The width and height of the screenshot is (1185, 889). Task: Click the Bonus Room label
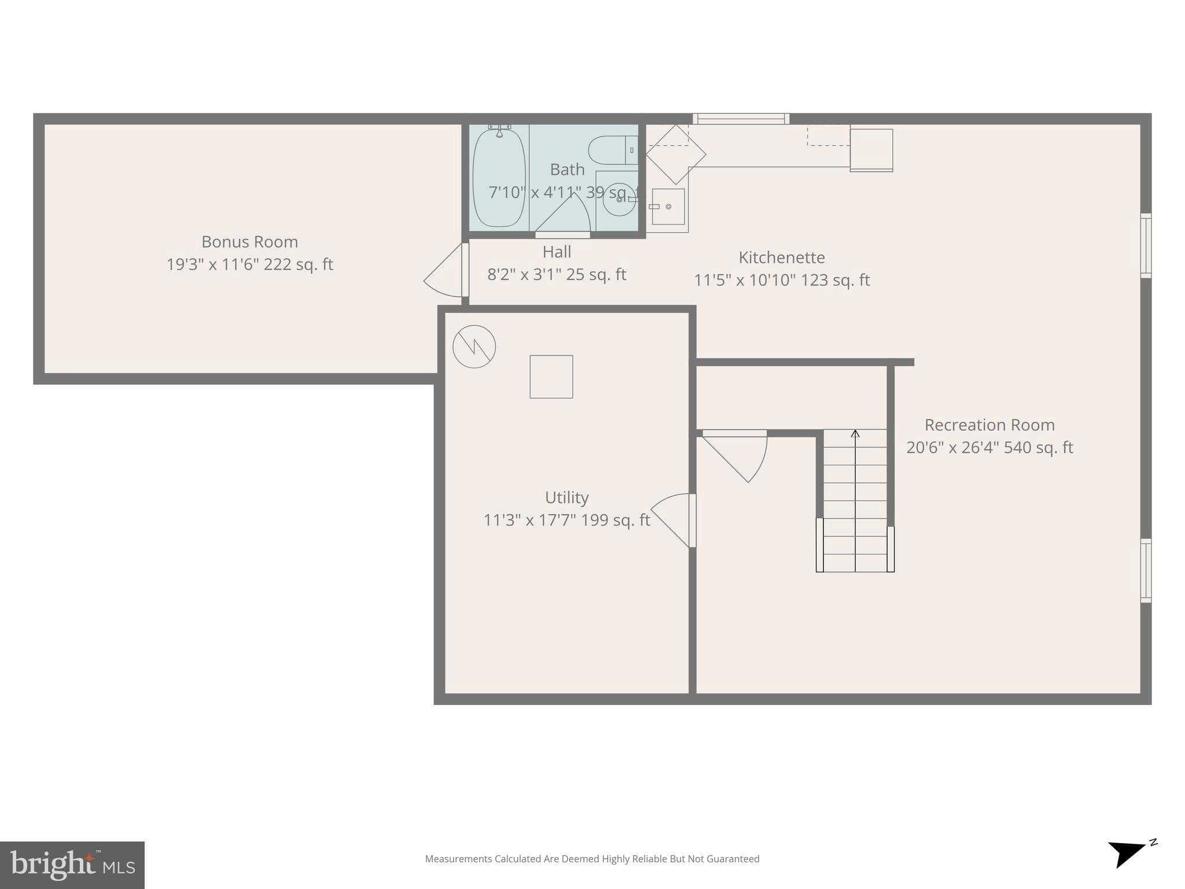(x=249, y=242)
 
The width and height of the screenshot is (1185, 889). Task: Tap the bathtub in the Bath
(x=499, y=178)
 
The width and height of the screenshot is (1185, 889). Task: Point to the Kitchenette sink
(x=668, y=207)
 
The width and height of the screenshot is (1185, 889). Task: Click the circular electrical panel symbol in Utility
(x=474, y=347)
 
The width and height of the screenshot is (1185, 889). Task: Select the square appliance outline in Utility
(x=551, y=377)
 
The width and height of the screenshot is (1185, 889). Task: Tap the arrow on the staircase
(x=855, y=434)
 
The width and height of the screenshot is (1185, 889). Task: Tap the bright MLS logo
(x=72, y=865)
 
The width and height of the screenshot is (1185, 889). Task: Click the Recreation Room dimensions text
(x=989, y=447)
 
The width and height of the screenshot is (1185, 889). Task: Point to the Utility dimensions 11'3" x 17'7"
(x=566, y=520)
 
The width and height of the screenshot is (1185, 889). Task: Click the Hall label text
(x=557, y=252)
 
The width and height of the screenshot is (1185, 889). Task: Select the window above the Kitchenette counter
(x=741, y=119)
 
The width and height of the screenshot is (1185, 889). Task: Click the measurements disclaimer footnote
(x=592, y=859)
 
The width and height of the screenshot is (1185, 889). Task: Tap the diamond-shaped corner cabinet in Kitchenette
(x=675, y=154)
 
